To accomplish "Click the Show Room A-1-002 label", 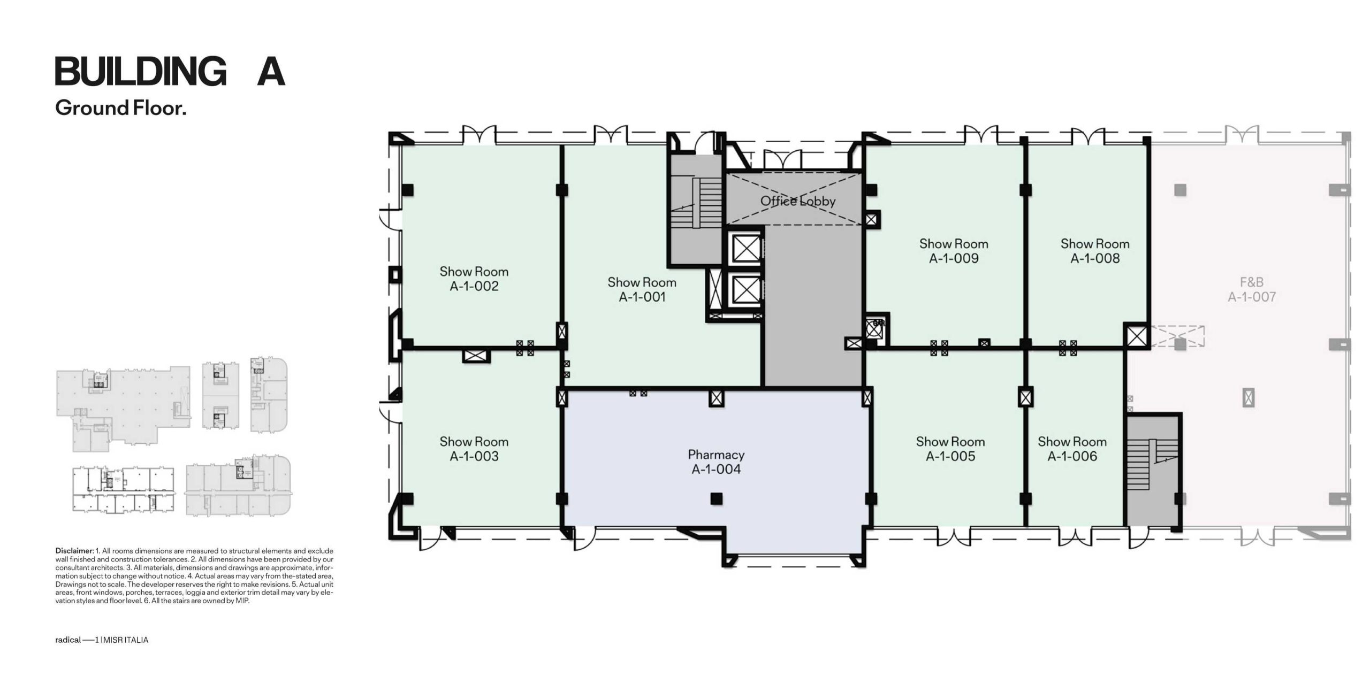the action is (x=474, y=279).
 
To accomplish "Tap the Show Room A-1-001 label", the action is (x=642, y=289).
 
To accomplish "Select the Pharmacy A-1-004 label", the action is (x=716, y=462).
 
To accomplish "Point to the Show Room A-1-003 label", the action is (x=474, y=449).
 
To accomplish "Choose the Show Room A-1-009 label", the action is (x=954, y=251).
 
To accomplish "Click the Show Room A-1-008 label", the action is (x=1095, y=251).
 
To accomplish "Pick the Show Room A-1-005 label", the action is (x=950, y=449).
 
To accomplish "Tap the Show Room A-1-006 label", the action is (x=1072, y=449).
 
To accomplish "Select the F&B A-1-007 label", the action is (x=1252, y=289).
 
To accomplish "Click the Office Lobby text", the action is (x=798, y=201).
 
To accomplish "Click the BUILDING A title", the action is (x=170, y=71).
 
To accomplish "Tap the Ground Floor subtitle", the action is (x=121, y=108).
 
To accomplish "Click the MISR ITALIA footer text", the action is (x=126, y=640).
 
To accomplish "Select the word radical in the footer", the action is (x=68, y=640).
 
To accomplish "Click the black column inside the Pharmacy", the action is (x=716, y=499).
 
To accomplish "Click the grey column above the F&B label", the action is (x=1180, y=190).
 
